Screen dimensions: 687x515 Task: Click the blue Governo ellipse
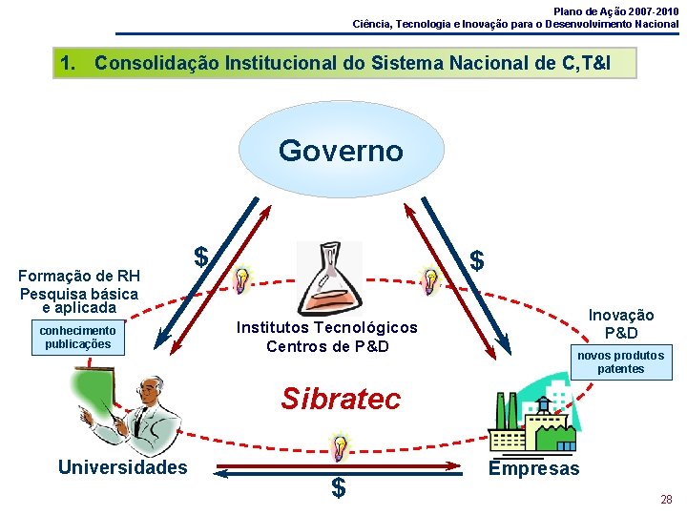click(x=341, y=152)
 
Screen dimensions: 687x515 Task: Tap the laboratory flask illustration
click(x=328, y=277)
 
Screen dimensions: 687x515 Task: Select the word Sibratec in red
click(x=341, y=399)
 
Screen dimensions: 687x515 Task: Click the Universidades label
click(x=122, y=467)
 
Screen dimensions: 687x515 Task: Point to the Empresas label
click(x=533, y=468)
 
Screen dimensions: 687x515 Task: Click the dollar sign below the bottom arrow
click(x=338, y=488)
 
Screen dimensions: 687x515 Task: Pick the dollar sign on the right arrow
click(x=478, y=259)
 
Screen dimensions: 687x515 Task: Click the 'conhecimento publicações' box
click(x=77, y=338)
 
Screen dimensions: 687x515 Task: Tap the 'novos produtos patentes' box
click(x=620, y=362)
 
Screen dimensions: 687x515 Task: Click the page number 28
click(x=666, y=499)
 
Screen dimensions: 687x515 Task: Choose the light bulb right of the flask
click(x=430, y=280)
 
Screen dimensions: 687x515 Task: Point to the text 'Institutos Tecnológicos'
click(x=327, y=327)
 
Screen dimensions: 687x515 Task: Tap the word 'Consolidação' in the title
click(x=156, y=64)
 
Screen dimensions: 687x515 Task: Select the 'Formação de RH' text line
click(x=79, y=277)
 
